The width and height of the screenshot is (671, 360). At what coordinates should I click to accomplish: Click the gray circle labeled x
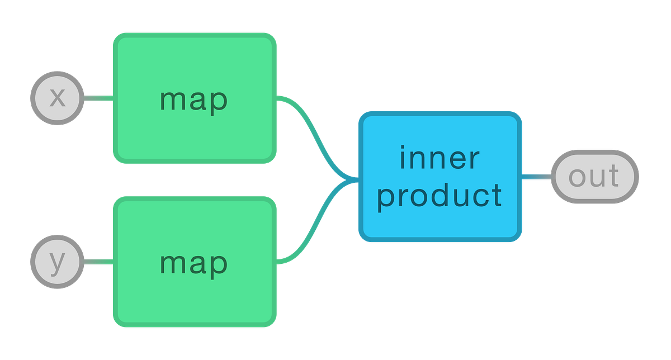pyautogui.click(x=57, y=98)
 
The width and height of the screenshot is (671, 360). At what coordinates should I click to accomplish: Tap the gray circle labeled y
pyautogui.click(x=57, y=262)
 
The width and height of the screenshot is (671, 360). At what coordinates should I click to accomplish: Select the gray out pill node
pyautogui.click(x=594, y=177)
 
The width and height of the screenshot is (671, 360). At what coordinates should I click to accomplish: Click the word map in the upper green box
pyautogui.click(x=193, y=101)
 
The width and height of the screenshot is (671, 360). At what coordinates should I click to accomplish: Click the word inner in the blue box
pyautogui.click(x=440, y=158)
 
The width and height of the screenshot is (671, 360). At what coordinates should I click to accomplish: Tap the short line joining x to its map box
pyautogui.click(x=98, y=99)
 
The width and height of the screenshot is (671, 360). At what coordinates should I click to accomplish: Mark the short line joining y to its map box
pyautogui.click(x=98, y=262)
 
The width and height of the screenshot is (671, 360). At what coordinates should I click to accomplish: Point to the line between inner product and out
pyautogui.click(x=537, y=177)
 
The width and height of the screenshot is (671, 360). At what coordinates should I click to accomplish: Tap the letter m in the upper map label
pyautogui.click(x=172, y=101)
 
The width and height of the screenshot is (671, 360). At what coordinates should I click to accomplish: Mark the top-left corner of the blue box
pyautogui.click(x=361, y=114)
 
